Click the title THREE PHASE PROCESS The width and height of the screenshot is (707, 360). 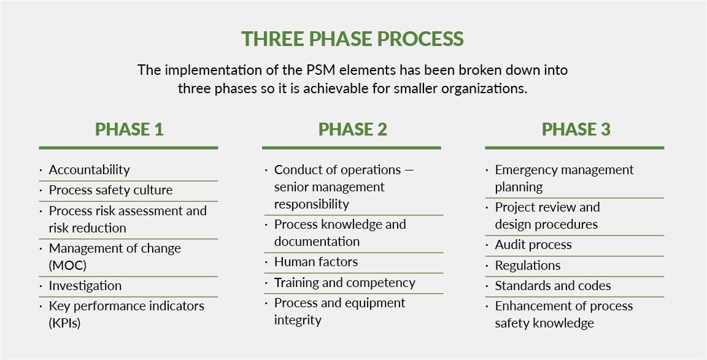(353, 39)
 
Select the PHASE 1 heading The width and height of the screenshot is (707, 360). (129, 129)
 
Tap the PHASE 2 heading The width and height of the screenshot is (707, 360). (352, 129)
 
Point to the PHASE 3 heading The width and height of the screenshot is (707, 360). (576, 129)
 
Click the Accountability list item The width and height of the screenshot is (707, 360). (90, 170)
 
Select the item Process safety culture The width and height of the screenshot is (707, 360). (110, 190)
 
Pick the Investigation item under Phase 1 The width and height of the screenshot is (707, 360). (85, 286)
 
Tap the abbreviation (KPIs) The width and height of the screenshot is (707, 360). (65, 323)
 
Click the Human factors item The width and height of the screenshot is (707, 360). (315, 262)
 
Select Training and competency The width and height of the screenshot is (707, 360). (344, 283)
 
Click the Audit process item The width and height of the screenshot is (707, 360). (533, 245)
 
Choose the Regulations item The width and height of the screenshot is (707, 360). (527, 266)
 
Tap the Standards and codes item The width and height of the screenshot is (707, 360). (552, 286)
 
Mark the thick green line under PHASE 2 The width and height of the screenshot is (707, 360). (352, 148)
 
